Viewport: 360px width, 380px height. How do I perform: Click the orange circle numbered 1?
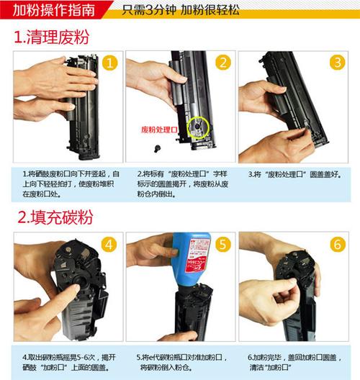tap(109, 63)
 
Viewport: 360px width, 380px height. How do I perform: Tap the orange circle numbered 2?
tap(223, 63)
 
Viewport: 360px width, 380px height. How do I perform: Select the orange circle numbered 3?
tap(337, 63)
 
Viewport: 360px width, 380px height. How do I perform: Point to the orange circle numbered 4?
tap(109, 244)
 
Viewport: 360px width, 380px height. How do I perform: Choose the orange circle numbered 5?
tap(223, 244)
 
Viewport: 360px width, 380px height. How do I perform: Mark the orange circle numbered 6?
tap(337, 244)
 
